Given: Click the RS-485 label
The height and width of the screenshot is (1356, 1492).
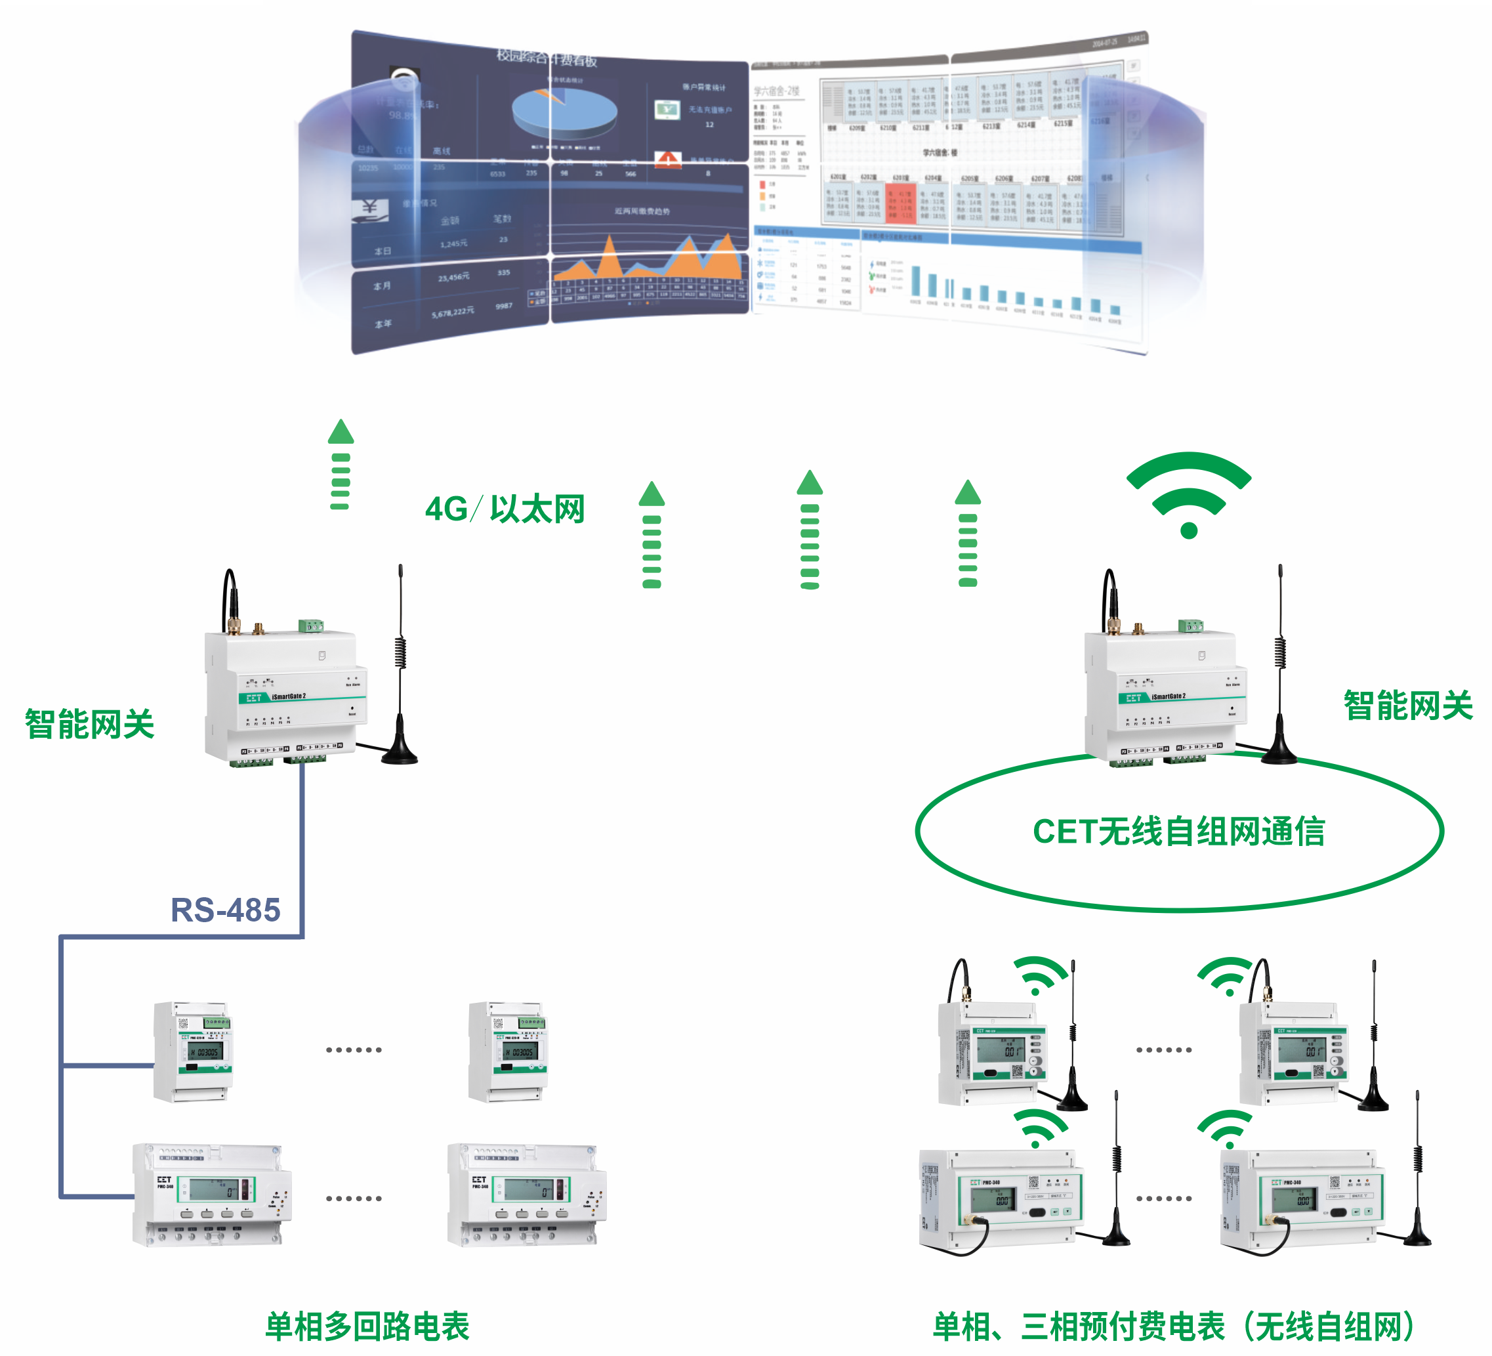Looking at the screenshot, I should click(226, 910).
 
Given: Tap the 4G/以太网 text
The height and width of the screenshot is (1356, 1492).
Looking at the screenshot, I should click(505, 509).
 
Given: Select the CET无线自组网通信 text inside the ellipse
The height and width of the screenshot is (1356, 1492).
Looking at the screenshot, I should click(1178, 831).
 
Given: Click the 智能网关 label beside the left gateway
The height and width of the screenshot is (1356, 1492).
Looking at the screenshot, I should click(89, 724).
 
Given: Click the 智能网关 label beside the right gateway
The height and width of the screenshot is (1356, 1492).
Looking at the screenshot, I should click(1407, 706).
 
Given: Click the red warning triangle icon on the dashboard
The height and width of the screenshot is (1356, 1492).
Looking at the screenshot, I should click(667, 159).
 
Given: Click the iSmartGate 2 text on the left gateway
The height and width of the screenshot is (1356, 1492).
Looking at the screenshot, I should click(289, 696).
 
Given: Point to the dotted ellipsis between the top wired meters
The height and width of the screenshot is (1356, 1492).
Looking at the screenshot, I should click(354, 1049).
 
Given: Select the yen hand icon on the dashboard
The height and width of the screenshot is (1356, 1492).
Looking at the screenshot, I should click(369, 209).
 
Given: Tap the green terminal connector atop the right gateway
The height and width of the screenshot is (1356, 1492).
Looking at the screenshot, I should click(1190, 626).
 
